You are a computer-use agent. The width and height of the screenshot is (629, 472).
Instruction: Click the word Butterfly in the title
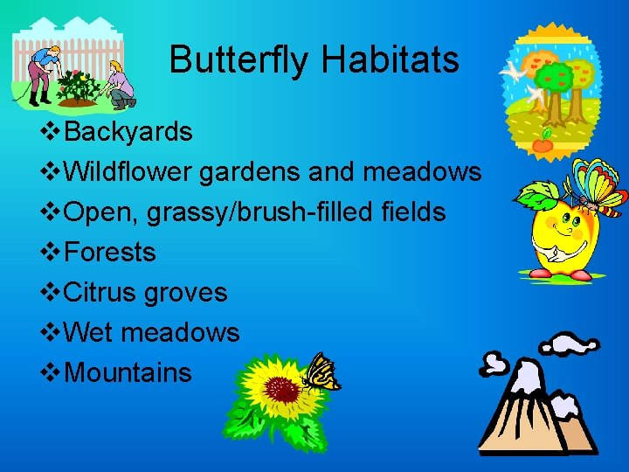click(240, 60)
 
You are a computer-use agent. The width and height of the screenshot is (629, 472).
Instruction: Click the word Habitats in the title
click(390, 60)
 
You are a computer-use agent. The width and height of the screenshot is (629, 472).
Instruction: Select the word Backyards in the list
click(128, 132)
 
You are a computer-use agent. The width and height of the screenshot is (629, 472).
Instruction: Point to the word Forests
click(110, 253)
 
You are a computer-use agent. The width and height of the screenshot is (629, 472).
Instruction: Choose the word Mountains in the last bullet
click(128, 373)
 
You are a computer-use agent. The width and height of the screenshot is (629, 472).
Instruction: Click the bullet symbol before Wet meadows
click(52, 333)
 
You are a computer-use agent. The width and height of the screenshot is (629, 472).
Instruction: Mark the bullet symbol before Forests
click(52, 253)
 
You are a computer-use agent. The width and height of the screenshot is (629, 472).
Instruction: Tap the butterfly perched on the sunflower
click(321, 372)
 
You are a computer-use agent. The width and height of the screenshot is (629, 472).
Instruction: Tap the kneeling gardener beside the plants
click(119, 86)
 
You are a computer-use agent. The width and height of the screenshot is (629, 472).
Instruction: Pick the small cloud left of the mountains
click(496, 361)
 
